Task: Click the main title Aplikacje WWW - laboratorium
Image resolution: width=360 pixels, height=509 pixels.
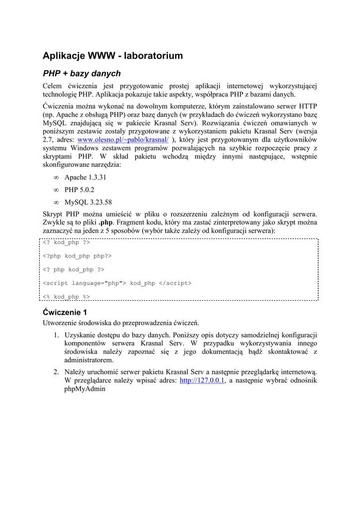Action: click(112, 56)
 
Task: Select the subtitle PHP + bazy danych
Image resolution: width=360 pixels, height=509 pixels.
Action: click(82, 74)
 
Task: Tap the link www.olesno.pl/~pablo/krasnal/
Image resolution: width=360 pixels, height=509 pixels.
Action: click(123, 140)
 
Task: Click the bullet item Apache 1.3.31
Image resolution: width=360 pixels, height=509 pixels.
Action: click(85, 177)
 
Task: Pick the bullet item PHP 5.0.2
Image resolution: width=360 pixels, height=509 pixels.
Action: click(79, 190)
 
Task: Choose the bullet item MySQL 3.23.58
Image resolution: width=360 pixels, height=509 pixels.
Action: click(88, 202)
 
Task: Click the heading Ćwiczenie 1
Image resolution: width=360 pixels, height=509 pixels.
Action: click(65, 312)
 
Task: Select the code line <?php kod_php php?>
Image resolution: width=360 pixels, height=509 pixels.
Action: click(77, 256)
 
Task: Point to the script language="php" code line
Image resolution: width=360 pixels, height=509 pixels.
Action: click(117, 283)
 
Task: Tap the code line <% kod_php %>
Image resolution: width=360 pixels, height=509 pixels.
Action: click(66, 297)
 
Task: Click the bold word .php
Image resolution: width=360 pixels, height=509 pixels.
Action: click(106, 223)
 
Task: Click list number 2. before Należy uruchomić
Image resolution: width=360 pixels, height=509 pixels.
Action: click(56, 372)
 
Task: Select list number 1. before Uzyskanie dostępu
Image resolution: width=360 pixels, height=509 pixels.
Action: click(56, 335)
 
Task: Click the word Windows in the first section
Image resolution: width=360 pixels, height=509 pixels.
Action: click(85, 149)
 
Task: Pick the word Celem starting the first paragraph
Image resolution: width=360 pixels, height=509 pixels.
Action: click(53, 86)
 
